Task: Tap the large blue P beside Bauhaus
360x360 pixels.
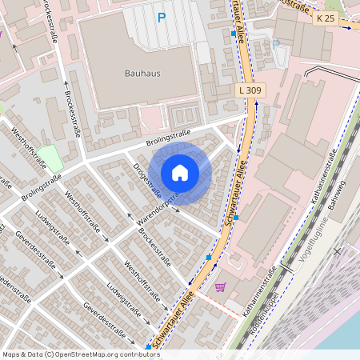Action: tap(162, 18)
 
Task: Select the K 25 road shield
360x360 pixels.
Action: tap(325, 18)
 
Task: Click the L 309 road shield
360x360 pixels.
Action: tap(250, 90)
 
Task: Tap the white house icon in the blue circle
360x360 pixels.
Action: tap(180, 173)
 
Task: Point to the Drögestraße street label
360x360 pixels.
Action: tap(147, 181)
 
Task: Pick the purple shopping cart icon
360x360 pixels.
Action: tap(221, 286)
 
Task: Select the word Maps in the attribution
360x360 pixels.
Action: tap(11, 354)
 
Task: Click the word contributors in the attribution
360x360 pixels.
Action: tap(136, 354)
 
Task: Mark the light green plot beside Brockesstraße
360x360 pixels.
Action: tap(50, 158)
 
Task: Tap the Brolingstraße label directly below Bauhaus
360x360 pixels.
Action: tap(168, 138)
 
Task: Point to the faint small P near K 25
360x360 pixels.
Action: tap(276, 44)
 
